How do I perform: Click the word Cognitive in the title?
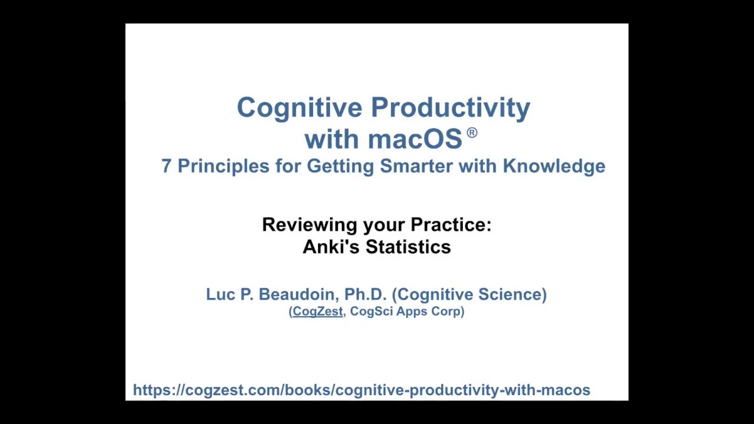[x=299, y=108]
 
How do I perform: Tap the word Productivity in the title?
[x=451, y=108]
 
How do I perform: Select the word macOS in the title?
[x=415, y=140]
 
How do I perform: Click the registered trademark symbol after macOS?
[x=472, y=133]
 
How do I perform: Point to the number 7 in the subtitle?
[x=166, y=166]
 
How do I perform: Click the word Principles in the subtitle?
[x=223, y=166]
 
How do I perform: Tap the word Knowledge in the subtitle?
[x=554, y=166]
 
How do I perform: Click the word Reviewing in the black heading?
[x=309, y=225]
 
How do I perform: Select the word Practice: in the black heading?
[x=451, y=225]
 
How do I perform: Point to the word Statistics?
[x=408, y=247]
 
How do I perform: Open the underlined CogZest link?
[x=317, y=312]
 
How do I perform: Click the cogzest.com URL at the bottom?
[x=361, y=390]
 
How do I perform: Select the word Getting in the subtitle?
[x=340, y=166]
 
